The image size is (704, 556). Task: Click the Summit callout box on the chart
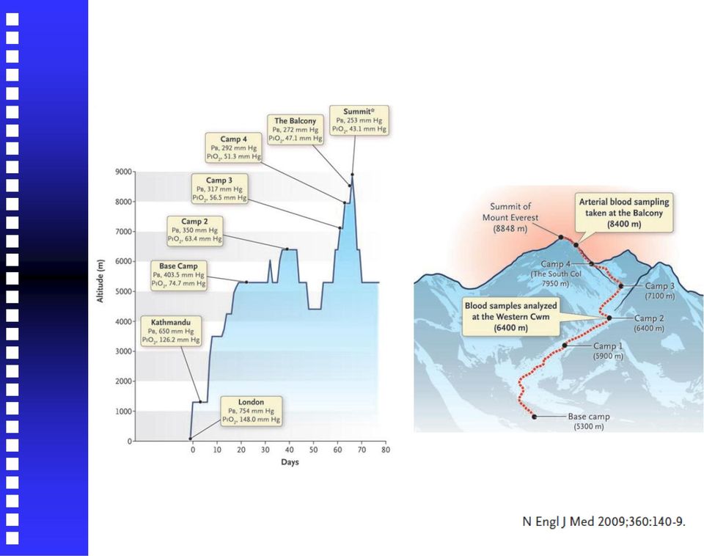pos(359,120)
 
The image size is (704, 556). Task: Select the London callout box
pos(252,411)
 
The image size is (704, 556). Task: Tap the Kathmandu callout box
pos(171,331)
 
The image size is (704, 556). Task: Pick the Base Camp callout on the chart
pos(179,275)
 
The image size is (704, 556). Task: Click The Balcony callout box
pos(296,130)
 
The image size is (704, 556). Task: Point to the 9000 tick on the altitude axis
pos(123,172)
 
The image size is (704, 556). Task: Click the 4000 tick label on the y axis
pos(123,321)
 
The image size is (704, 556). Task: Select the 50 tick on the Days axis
pos(313,450)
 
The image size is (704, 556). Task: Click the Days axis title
pos(290,462)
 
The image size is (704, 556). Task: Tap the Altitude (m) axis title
pos(100,281)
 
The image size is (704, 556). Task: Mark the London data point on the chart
pos(191,439)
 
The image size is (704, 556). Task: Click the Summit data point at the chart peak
pos(353,175)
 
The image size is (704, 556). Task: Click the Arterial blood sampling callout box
pos(624,213)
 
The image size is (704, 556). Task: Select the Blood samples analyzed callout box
pos(511,317)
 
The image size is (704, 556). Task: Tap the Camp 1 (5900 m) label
pos(609,351)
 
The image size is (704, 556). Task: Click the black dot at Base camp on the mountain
pos(535,417)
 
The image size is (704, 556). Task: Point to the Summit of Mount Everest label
pos(510,217)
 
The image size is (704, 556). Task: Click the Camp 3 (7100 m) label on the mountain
pos(660,291)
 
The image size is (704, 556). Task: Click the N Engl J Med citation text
pos(604,522)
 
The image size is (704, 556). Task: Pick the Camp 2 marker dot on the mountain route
pos(609,318)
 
